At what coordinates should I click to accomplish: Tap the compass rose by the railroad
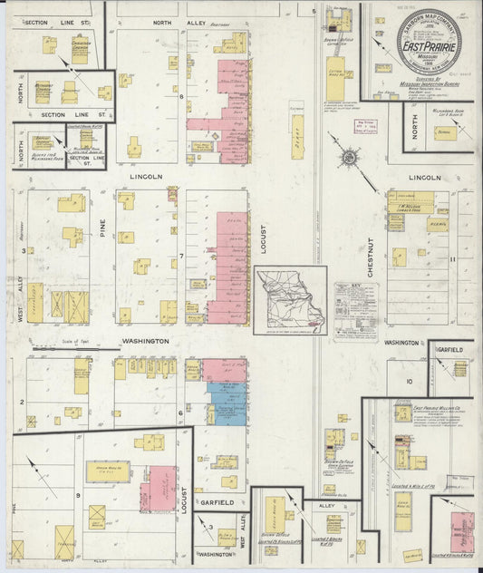[348, 160]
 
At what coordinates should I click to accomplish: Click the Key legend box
[355, 310]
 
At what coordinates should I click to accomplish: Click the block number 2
[24, 399]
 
